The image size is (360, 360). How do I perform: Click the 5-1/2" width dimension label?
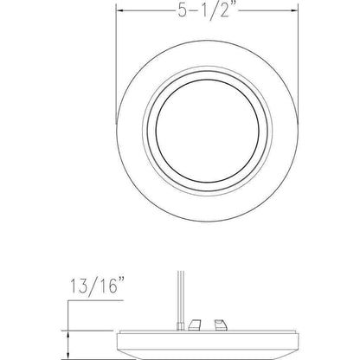(208, 10)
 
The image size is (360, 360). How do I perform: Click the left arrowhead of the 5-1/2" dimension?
(119, 10)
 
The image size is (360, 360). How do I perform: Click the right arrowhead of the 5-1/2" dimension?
(293, 10)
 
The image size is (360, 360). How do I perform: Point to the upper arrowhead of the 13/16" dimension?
(67, 334)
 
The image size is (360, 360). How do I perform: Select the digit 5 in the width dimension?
(183, 10)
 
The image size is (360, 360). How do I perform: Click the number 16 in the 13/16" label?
(106, 286)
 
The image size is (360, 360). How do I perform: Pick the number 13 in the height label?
(79, 286)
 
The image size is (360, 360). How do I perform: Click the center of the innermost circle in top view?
(207, 131)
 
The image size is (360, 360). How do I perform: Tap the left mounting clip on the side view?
(194, 325)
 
